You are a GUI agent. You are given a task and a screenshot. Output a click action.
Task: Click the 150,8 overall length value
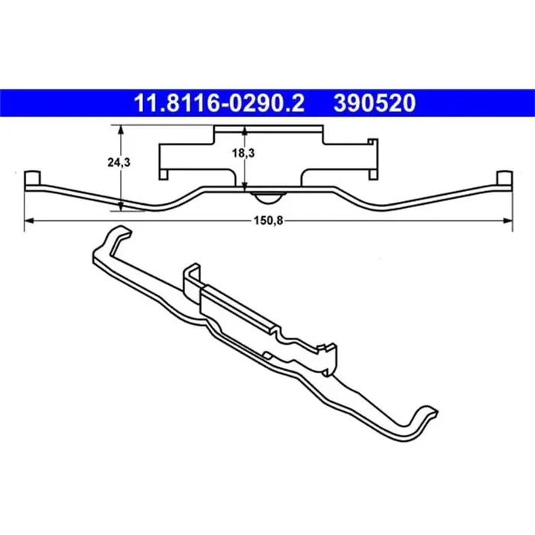pos(263,221)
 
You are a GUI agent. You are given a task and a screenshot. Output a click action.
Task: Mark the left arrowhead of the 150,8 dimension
pos(30,220)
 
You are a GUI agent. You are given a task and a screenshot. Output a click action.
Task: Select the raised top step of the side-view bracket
pos(267,127)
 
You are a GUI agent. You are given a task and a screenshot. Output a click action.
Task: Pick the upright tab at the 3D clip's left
pos(191,277)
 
